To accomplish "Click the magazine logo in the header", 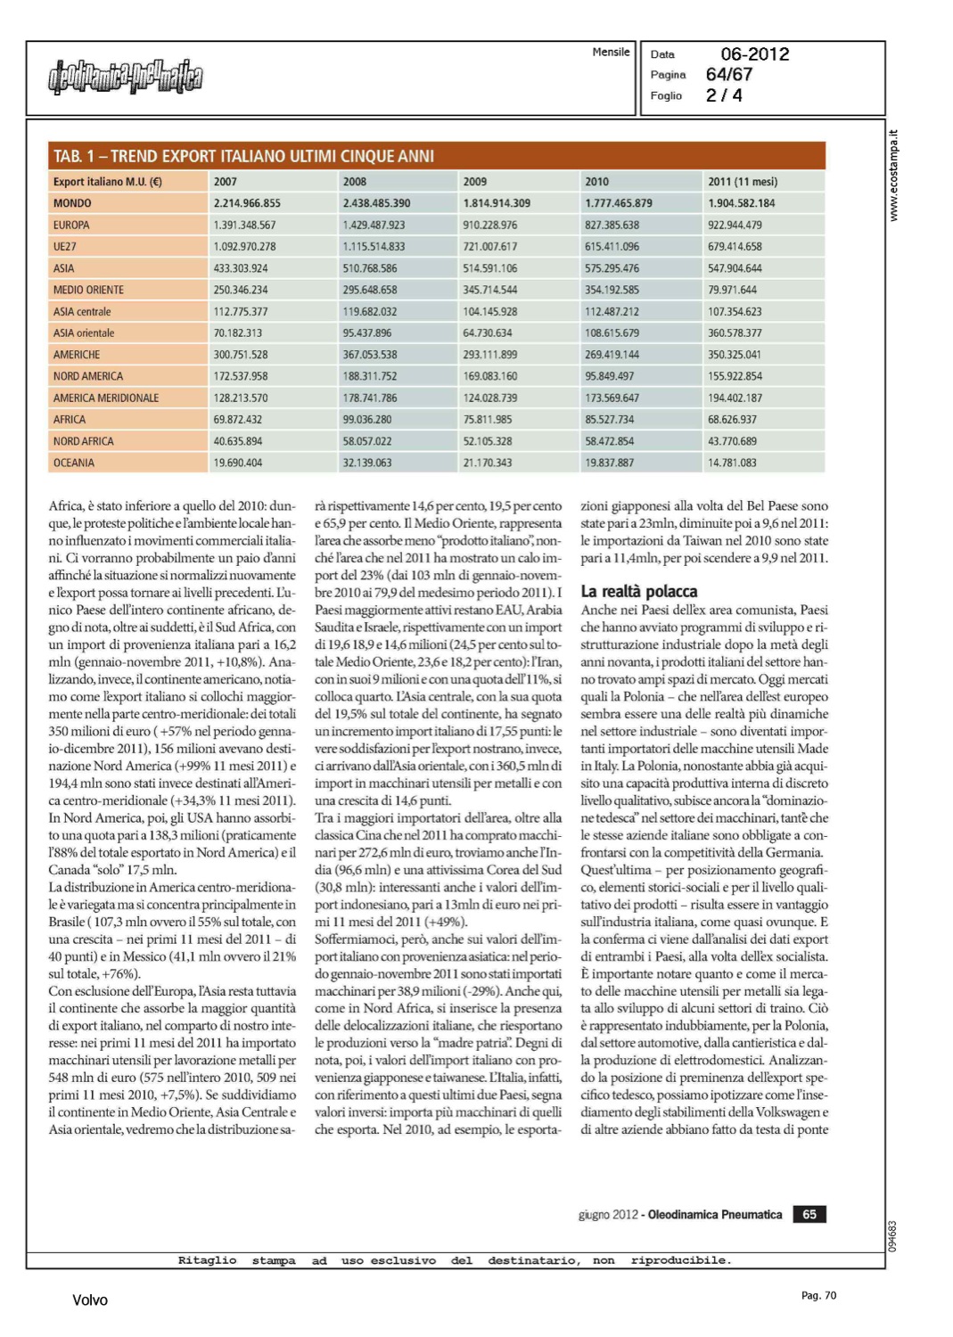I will [125, 78].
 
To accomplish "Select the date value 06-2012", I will [754, 54].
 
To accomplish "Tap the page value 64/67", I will [728, 75].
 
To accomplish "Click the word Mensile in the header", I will [611, 53].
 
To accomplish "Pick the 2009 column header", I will [475, 182].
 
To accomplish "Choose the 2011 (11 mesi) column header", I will [742, 182].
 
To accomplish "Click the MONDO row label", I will [72, 203].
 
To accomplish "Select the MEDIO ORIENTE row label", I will [88, 290].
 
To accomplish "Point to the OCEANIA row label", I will [73, 463].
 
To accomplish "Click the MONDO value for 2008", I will [376, 203].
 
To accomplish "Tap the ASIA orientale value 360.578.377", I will [735, 333].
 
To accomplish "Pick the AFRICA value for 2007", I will [237, 420].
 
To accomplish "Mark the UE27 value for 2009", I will [489, 247].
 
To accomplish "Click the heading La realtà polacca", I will [638, 591].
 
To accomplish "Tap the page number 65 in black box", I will [809, 1214].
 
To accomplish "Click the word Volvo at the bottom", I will [89, 1300].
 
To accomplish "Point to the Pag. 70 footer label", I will [818, 1296].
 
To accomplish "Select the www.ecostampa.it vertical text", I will [894, 176].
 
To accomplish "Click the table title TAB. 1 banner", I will [243, 157].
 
